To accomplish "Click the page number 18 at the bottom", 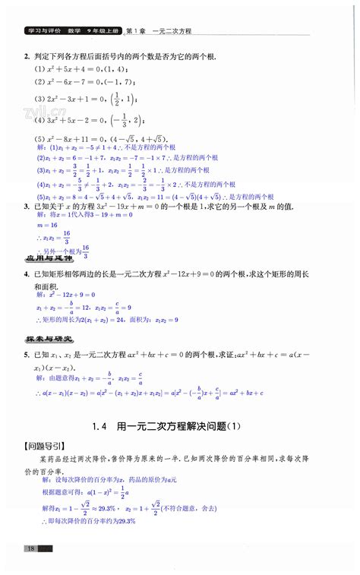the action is [30, 548].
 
